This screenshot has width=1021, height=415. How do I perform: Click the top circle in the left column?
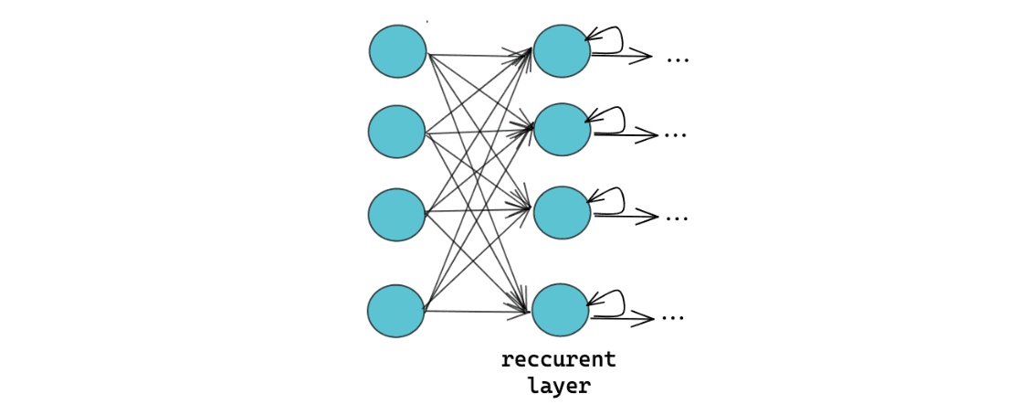(397, 51)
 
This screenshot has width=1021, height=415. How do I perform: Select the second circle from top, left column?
(396, 132)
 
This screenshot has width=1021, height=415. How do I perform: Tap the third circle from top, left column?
(396, 215)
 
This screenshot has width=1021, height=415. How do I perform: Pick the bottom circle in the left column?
(395, 311)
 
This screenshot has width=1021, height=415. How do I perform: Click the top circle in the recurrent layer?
(562, 51)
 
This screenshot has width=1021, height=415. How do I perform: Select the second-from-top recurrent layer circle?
(562, 130)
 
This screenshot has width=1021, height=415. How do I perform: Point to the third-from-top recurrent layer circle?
(562, 213)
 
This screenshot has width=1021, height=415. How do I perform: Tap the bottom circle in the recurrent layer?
(560, 310)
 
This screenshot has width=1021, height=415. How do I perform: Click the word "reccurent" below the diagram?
(558, 360)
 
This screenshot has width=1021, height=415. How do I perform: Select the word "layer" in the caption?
(558, 387)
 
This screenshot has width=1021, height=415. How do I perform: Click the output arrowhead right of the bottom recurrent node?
(647, 319)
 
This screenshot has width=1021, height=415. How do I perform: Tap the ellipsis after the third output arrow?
(676, 218)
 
